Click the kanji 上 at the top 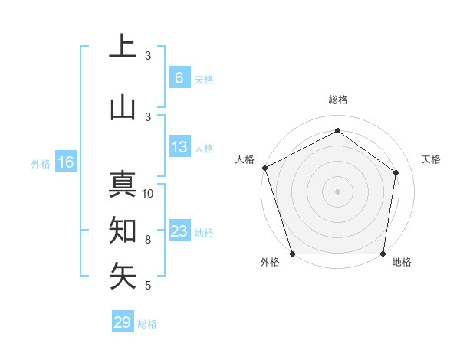pyautogui.click(x=123, y=47)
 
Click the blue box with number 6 pyautogui.click(x=179, y=77)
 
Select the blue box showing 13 pyautogui.click(x=179, y=147)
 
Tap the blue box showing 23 pyautogui.click(x=179, y=231)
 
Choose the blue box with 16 pyautogui.click(x=65, y=162)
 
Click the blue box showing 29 pyautogui.click(x=123, y=322)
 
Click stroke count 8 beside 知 pyautogui.click(x=148, y=240)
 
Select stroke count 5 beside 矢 pyautogui.click(x=148, y=286)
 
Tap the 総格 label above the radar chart pyautogui.click(x=338, y=100)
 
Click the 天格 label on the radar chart pyautogui.click(x=432, y=159)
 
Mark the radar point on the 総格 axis pyautogui.click(x=337, y=130)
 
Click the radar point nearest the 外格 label pyautogui.click(x=292, y=254)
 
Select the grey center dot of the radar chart pyautogui.click(x=337, y=191)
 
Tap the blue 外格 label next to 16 pyautogui.click(x=40, y=163)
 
